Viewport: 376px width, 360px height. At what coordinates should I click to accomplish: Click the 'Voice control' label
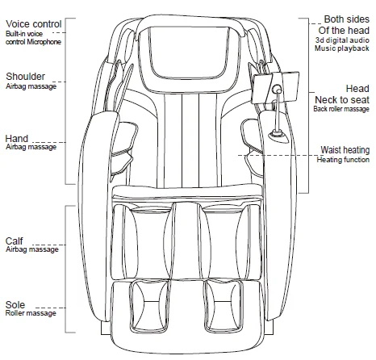32,23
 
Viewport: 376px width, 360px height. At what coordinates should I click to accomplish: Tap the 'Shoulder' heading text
25,77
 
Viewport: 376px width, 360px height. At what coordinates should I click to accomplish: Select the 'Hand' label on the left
18,138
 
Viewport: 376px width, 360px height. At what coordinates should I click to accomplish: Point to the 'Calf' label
15,241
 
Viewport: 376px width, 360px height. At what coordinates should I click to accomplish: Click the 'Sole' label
15,303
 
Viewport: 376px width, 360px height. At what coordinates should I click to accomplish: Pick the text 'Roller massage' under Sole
31,313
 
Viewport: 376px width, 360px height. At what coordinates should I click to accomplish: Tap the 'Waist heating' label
345,149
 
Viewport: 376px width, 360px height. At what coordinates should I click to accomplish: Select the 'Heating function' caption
345,159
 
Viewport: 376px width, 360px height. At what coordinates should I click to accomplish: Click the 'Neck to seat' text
342,98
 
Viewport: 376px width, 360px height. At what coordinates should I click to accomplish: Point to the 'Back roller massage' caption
342,108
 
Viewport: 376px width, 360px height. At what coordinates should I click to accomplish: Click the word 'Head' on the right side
357,88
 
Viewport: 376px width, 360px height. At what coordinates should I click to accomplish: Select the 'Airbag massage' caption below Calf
31,250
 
